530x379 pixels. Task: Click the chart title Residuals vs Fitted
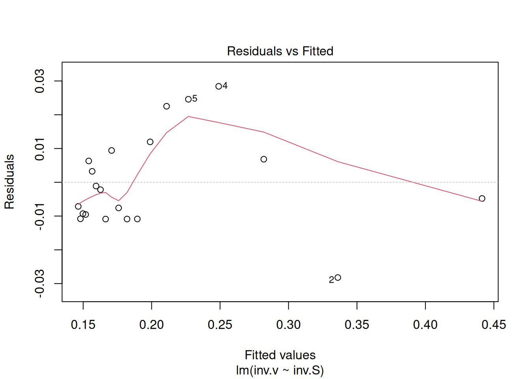[280, 51]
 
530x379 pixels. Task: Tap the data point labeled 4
[218, 86]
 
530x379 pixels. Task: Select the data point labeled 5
[188, 99]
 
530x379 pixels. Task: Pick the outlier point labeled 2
[338, 278]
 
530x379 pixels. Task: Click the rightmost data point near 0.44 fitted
[482, 199]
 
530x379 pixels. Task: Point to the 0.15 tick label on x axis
[83, 325]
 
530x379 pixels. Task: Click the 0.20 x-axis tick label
[151, 325]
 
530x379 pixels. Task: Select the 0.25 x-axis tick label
[220, 325]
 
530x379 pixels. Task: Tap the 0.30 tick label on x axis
[288, 325]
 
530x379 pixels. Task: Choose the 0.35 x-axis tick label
[357, 325]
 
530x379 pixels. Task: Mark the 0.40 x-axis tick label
[425, 325]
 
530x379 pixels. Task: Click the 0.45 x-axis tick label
[494, 325]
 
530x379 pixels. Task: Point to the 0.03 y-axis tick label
[40, 81]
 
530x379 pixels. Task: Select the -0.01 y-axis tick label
[40, 216]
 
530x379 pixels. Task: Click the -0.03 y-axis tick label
[40, 283]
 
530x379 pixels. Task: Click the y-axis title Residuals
[9, 182]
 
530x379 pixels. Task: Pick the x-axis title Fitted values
[280, 355]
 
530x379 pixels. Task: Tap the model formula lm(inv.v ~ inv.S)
[280, 370]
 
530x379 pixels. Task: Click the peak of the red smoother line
[188, 116]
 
